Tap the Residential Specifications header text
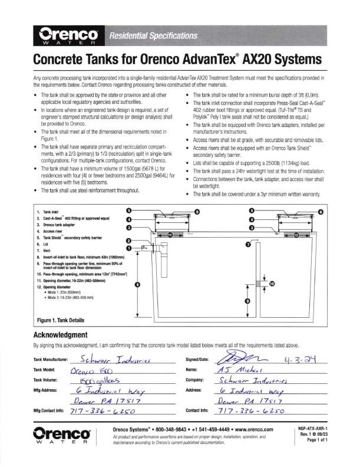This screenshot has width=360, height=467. click(x=154, y=36)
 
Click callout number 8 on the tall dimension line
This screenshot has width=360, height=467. click(x=137, y=284)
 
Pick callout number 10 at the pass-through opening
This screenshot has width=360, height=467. click(x=271, y=284)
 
